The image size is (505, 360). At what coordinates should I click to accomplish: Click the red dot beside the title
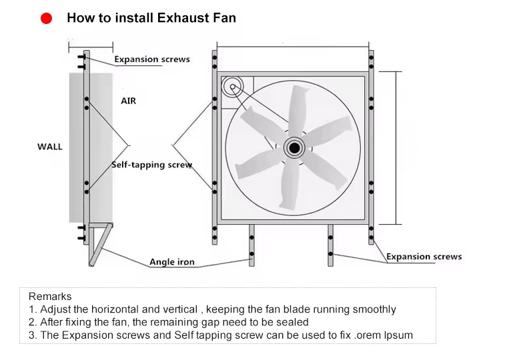click(x=47, y=19)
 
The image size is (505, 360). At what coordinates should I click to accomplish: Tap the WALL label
click(x=50, y=147)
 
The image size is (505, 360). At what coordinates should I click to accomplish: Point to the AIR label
click(x=129, y=101)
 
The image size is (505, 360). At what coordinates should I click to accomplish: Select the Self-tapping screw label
click(x=151, y=165)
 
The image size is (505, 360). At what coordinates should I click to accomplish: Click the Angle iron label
click(x=172, y=262)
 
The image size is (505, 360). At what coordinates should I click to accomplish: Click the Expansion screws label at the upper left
click(x=152, y=59)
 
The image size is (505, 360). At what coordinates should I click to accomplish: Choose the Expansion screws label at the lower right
click(x=424, y=257)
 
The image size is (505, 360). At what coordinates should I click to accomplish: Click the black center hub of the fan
click(x=294, y=148)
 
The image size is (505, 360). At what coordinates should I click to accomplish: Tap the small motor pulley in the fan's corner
click(x=233, y=87)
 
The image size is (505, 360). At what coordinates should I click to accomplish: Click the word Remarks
click(x=50, y=296)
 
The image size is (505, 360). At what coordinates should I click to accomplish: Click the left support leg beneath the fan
click(x=251, y=245)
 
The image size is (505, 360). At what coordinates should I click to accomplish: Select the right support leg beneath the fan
click(x=330, y=245)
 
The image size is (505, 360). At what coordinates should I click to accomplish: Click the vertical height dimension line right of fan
click(x=396, y=148)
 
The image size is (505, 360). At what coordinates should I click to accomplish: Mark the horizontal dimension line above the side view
click(x=91, y=48)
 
